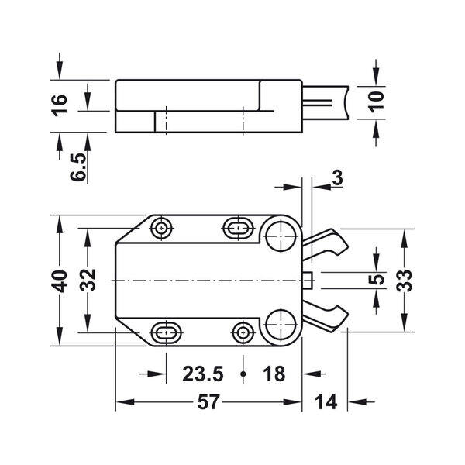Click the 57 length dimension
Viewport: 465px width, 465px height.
click(208, 401)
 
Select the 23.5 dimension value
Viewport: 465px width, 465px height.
click(203, 374)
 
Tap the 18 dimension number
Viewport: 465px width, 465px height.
click(274, 374)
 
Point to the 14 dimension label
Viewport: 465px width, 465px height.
click(326, 401)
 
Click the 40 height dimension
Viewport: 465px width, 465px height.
click(60, 281)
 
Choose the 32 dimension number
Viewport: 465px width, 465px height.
click(88, 280)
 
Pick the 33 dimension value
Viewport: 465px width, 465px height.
click(404, 281)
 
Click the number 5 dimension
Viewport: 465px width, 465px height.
click(377, 280)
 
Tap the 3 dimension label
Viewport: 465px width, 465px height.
click(337, 177)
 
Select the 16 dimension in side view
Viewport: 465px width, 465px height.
click(60, 105)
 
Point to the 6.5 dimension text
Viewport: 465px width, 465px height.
click(78, 167)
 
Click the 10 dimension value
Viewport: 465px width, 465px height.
click(376, 102)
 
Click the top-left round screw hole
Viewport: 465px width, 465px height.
click(161, 228)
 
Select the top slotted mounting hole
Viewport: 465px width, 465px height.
click(238, 228)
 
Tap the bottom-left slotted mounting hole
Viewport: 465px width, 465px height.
click(167, 332)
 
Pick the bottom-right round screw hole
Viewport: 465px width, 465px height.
click(243, 332)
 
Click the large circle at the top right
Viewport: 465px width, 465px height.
click(281, 236)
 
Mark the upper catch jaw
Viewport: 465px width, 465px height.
click(325, 244)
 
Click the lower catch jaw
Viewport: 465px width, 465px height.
click(325, 317)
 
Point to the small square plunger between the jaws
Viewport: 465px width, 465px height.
click(308, 281)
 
